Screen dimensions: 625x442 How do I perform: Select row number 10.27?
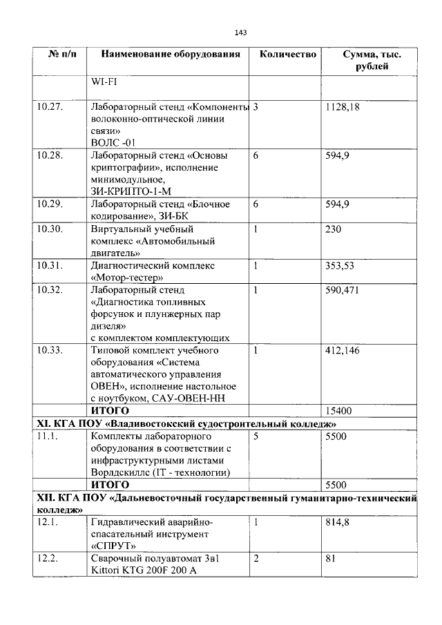(x=50, y=108)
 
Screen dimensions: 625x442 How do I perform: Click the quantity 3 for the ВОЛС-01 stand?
(x=256, y=108)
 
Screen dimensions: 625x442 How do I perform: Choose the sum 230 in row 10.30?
(x=333, y=229)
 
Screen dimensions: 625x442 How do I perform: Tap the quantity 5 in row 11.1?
(x=256, y=436)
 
